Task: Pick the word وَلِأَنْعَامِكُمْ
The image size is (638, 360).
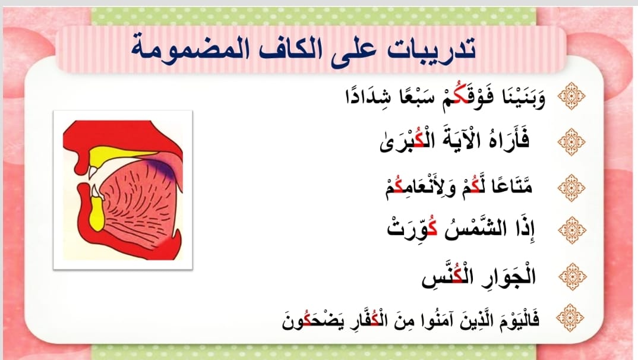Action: (x=421, y=188)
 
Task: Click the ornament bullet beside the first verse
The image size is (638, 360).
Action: (x=571, y=96)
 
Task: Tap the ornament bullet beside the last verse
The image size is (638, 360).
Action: (x=570, y=318)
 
